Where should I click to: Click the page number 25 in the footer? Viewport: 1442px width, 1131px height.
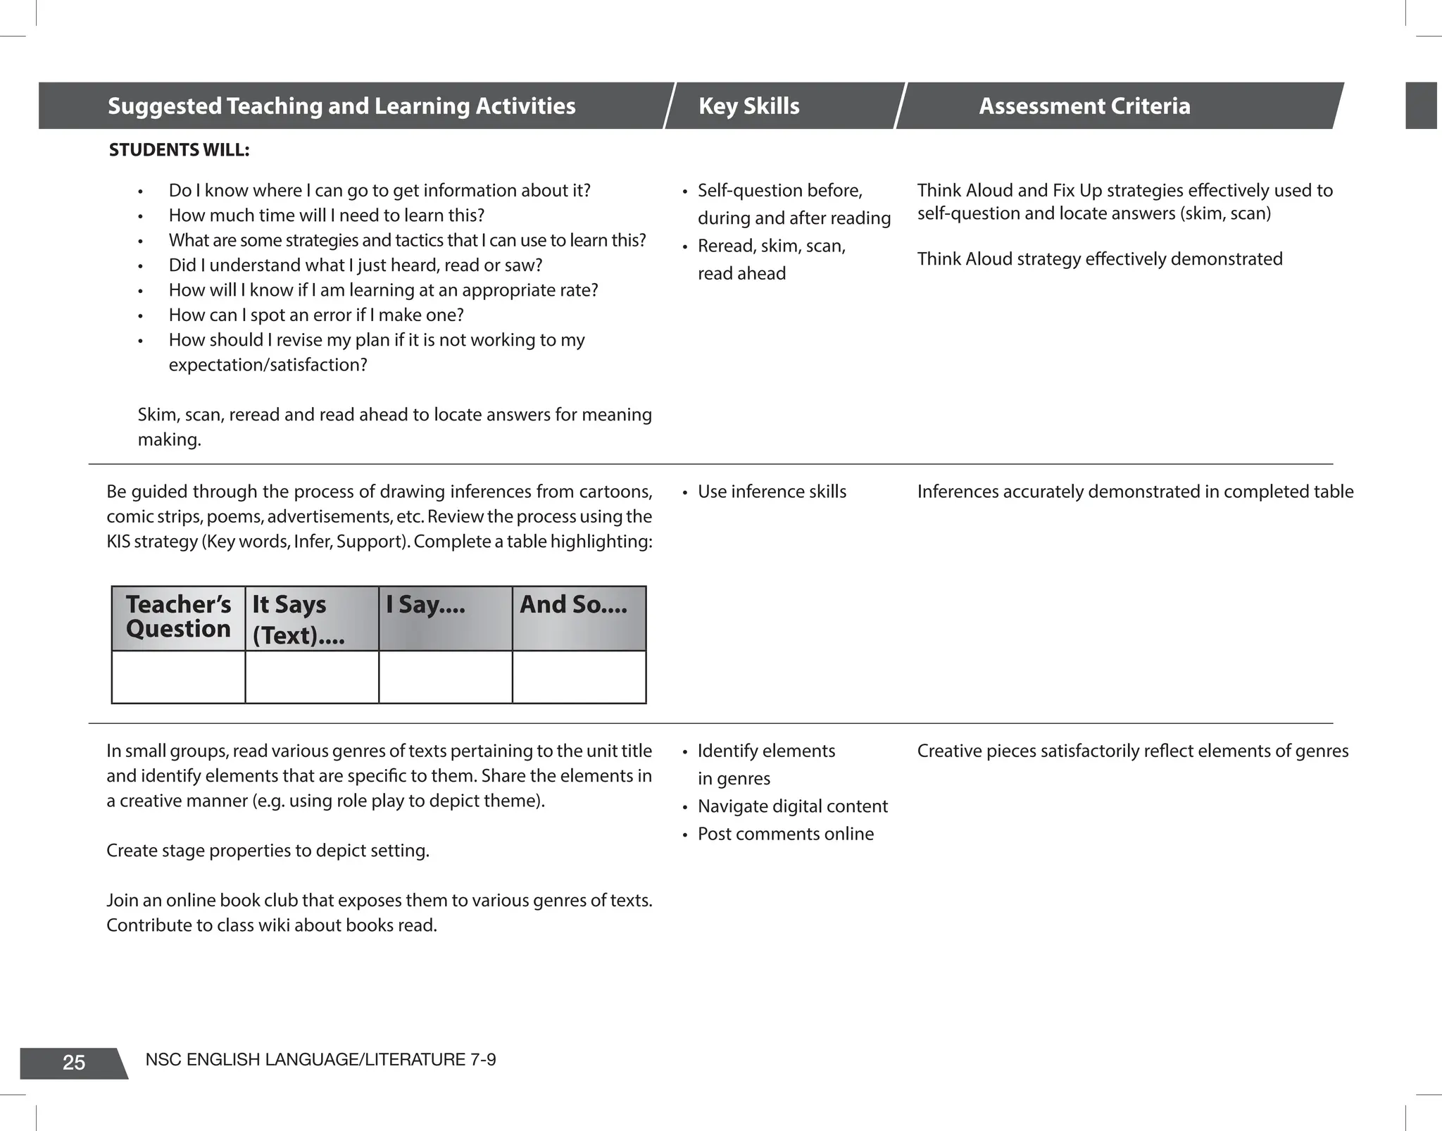(x=74, y=1063)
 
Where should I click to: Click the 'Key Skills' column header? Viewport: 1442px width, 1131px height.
(x=748, y=106)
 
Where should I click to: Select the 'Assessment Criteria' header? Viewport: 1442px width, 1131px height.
(x=1084, y=106)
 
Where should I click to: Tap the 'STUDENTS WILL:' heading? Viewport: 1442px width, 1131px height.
(x=179, y=150)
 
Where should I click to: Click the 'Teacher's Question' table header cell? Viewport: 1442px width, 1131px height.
(x=178, y=617)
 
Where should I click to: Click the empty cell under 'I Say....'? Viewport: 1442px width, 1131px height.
(x=445, y=677)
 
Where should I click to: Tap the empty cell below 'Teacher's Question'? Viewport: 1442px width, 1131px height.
(x=178, y=677)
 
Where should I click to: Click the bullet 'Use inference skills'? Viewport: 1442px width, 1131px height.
(x=772, y=492)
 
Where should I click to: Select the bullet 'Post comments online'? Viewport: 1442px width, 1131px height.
(x=785, y=834)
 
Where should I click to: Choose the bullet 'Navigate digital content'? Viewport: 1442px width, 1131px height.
(x=792, y=806)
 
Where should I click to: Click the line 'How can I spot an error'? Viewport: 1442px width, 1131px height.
(x=316, y=315)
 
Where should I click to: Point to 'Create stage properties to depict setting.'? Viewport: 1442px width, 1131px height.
(x=268, y=851)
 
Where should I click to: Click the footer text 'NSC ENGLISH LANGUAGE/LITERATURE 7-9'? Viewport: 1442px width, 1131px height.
(x=320, y=1060)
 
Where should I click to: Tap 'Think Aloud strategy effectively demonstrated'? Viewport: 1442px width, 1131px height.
(x=1099, y=259)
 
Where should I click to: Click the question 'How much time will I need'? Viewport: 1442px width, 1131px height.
(x=326, y=215)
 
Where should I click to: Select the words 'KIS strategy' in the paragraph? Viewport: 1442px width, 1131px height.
(x=151, y=542)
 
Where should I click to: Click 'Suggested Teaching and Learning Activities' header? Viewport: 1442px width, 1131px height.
(x=341, y=106)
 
